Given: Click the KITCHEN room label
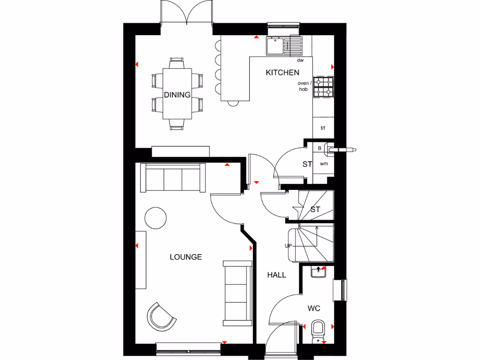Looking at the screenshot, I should click(282, 72).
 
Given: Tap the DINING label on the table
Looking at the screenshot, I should click(177, 95).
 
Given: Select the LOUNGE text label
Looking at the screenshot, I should click(186, 257).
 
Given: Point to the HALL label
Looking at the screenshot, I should click(277, 275).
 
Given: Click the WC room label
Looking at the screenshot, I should click(314, 308).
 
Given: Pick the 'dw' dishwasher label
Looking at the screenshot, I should click(300, 60).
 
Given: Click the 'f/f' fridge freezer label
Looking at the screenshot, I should click(323, 127).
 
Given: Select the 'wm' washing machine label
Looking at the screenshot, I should click(323, 164).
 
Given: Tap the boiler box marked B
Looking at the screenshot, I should click(320, 149).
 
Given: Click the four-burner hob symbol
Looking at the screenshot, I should click(323, 87).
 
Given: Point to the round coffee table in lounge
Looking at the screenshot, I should click(155, 217).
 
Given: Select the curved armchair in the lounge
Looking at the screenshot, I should click(161, 316).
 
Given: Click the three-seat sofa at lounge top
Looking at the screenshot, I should click(173, 178).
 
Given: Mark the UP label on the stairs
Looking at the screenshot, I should click(288, 246).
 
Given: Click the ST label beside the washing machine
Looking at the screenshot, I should click(307, 165).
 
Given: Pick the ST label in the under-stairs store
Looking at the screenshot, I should click(315, 210).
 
